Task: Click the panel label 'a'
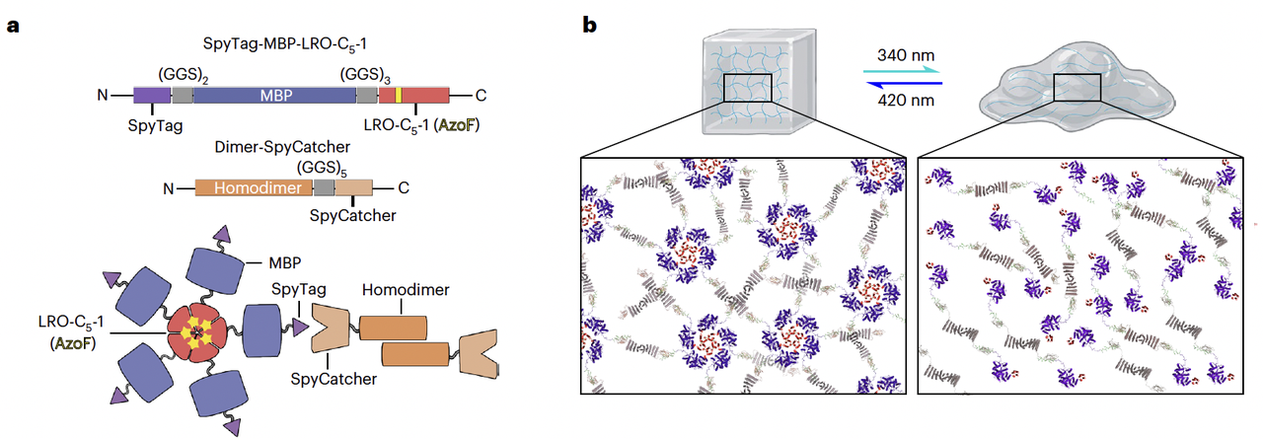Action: (13, 25)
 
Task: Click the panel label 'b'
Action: (589, 25)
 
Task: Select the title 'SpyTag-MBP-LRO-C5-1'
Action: (288, 43)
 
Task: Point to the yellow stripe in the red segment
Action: (399, 96)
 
